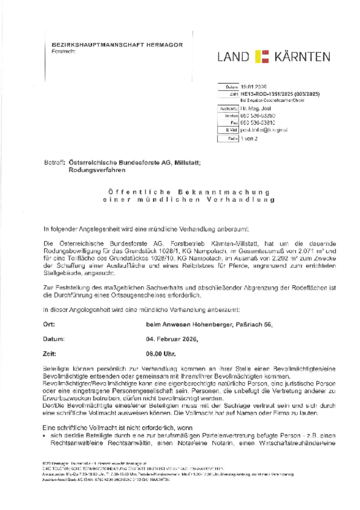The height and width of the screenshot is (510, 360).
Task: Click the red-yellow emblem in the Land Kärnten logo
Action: pyautogui.click(x=263, y=57)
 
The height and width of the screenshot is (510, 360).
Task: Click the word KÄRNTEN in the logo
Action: pyautogui.click(x=303, y=57)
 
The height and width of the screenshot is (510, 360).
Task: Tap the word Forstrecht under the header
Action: pyautogui.click(x=56, y=51)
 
